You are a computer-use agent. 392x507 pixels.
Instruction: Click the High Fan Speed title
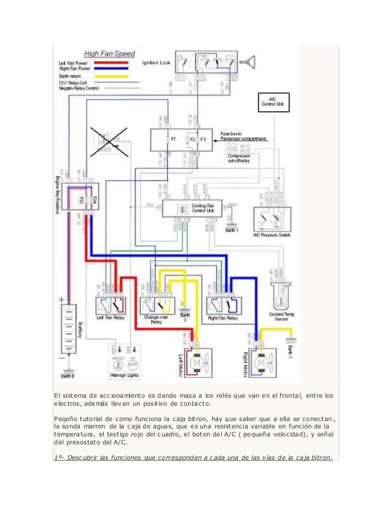click(x=109, y=54)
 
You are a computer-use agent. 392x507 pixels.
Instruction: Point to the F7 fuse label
click(x=174, y=140)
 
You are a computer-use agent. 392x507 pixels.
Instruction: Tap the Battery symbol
click(x=68, y=331)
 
